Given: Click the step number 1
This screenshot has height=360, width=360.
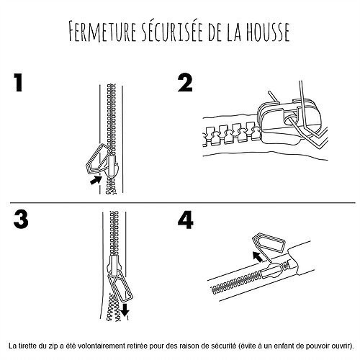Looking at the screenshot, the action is pos(18,83).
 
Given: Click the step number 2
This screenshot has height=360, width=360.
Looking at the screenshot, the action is pos(185,83).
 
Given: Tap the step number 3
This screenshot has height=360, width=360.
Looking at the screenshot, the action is pos(21,220).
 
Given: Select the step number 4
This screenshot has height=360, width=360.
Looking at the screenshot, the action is pos(186,220).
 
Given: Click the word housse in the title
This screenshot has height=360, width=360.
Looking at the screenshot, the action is pos(266,32).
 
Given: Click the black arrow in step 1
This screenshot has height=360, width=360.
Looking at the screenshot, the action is pos(96,180).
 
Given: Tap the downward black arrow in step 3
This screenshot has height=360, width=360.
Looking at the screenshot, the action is pos(125,310).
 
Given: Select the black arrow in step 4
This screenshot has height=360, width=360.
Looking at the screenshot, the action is pos(258,257).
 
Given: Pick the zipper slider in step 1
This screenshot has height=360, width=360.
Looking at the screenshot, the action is pos(112,166).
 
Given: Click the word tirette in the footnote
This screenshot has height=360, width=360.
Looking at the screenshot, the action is pos(30,346).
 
